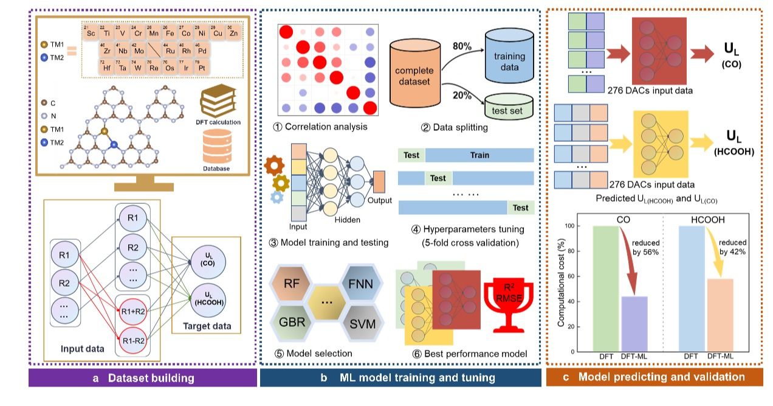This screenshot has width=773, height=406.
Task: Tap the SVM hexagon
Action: point(362,324)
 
